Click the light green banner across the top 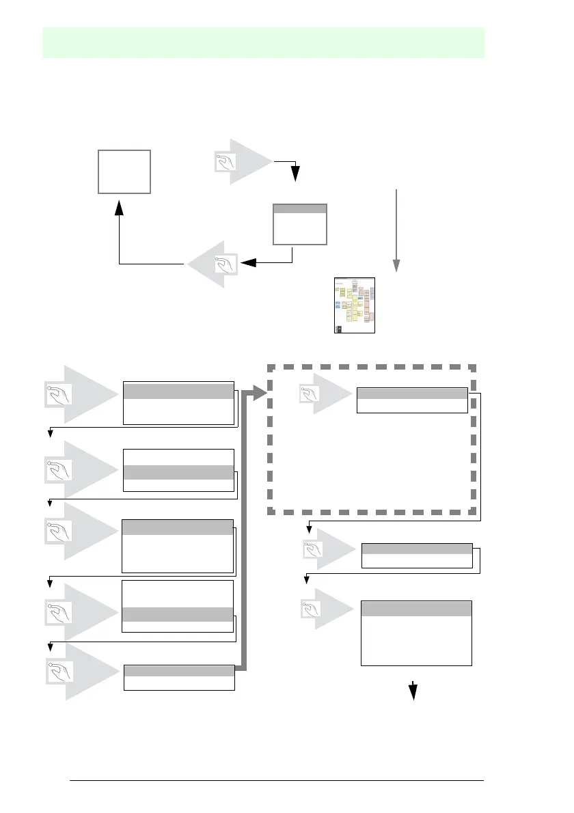tap(264, 42)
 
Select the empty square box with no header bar tap(124, 171)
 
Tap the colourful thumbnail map tap(355, 305)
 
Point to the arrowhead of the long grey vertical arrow tap(396, 265)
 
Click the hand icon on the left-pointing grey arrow tap(224, 264)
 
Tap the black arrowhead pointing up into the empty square tap(120, 206)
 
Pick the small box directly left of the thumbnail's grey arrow tap(299, 224)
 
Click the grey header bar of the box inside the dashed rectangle tap(412, 393)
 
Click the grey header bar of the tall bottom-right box tap(416, 609)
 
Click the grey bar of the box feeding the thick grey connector tap(179, 670)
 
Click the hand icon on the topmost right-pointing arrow tap(223, 162)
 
